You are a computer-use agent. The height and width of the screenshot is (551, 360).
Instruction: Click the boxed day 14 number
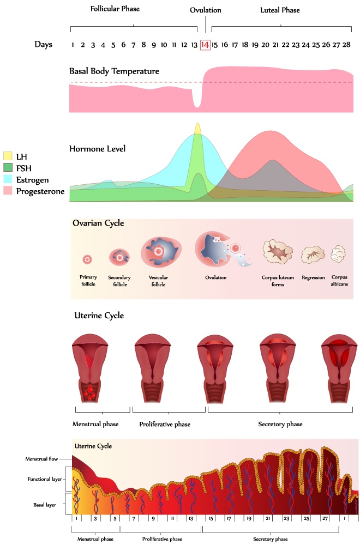pos(205,45)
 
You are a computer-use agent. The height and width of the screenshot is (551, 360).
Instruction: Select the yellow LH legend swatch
pos(8,156)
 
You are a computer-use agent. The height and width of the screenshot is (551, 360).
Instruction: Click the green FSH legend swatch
pos(8,168)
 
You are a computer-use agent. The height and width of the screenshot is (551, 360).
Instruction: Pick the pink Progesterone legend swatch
pos(8,191)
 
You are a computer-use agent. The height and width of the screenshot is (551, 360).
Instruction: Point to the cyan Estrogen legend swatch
pos(8,179)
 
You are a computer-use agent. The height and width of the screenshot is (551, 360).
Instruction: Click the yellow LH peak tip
pos(197,127)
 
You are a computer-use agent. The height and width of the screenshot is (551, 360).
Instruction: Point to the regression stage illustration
pos(313,254)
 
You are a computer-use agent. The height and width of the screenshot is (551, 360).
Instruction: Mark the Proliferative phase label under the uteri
pos(165,424)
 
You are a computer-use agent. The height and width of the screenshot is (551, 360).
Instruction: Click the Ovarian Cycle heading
pos(98,223)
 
